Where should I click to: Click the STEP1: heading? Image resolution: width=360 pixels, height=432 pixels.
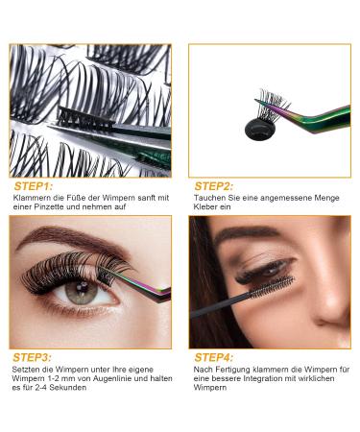[x=35, y=185]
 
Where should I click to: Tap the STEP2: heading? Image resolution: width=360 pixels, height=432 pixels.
[x=217, y=185]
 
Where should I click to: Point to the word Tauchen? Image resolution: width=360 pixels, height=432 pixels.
[x=208, y=199]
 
